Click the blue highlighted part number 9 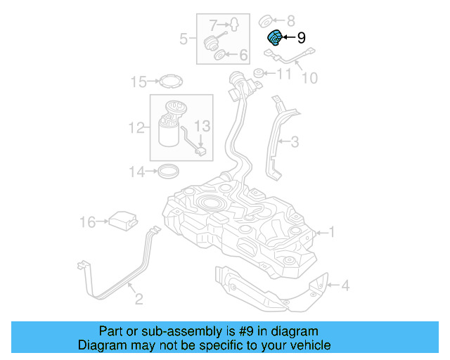(275, 38)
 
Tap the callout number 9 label (302, 38)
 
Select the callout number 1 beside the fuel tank (333, 231)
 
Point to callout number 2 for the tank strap (139, 300)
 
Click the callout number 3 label (295, 142)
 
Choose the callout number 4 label (345, 285)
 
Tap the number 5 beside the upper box (184, 39)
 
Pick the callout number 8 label (291, 20)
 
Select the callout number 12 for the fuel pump (136, 128)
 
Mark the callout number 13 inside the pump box (202, 127)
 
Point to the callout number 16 (87, 222)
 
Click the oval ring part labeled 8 (267, 19)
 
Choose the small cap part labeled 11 (258, 73)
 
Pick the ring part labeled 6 (220, 54)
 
